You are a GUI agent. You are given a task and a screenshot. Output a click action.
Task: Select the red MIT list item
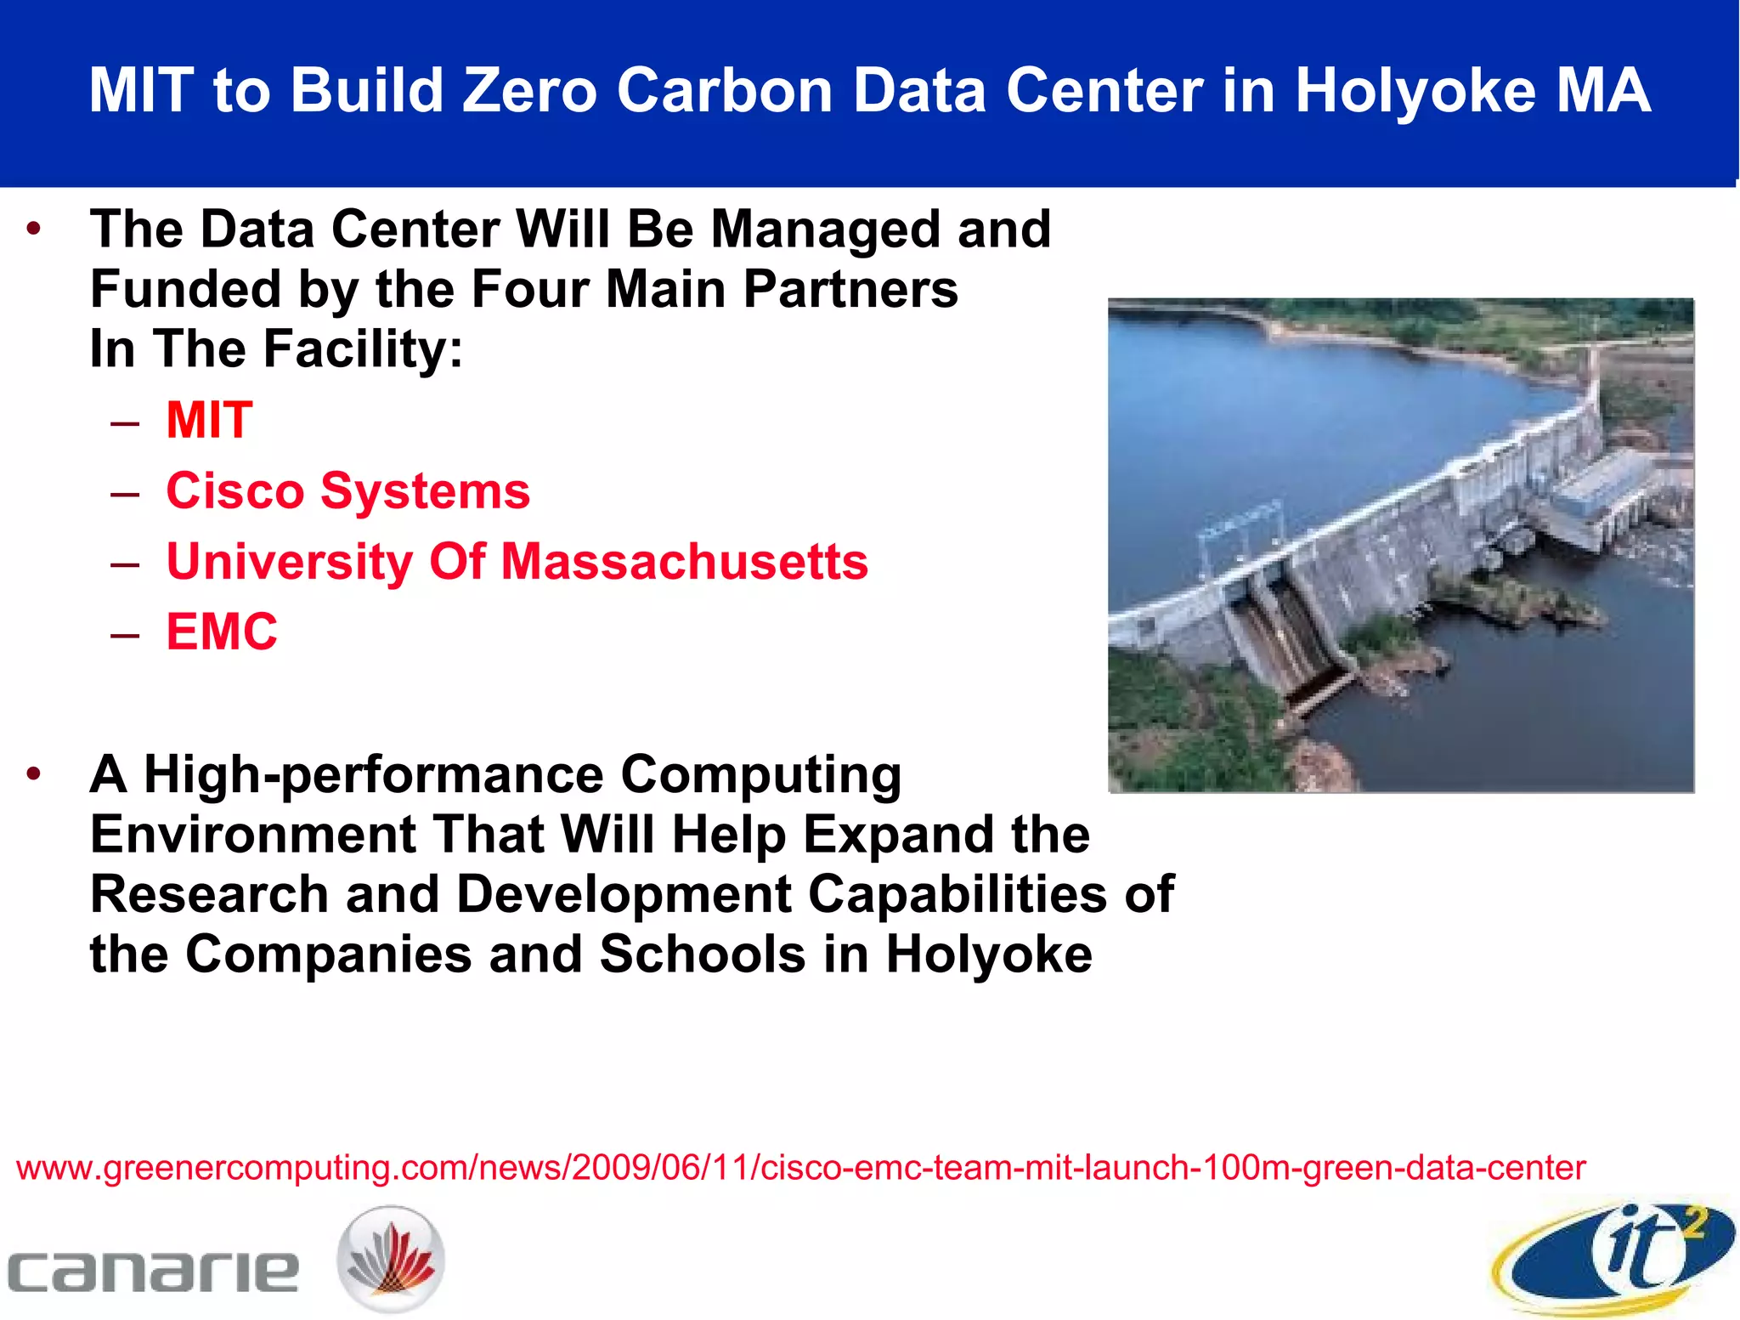click(x=209, y=420)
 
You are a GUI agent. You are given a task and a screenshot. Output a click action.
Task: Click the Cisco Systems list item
click(x=347, y=491)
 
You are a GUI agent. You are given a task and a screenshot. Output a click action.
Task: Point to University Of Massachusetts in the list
click(x=517, y=562)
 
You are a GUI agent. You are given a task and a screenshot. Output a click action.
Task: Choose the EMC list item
click(x=222, y=632)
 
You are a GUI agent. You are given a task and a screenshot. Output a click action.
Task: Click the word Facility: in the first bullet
click(x=363, y=349)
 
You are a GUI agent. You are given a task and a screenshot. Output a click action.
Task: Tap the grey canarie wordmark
click(x=153, y=1272)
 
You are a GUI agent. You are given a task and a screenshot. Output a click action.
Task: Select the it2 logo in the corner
click(x=1614, y=1257)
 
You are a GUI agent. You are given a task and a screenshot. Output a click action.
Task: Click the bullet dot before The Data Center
click(x=34, y=229)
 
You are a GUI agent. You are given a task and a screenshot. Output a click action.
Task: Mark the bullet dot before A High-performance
click(x=34, y=773)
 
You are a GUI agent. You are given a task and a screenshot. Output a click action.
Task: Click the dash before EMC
click(x=125, y=633)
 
